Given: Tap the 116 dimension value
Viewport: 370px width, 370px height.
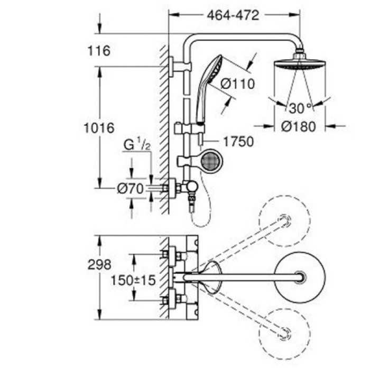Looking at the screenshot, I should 99,51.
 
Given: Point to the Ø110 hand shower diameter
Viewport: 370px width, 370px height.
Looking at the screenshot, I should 237,84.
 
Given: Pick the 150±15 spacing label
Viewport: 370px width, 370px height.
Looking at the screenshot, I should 133,280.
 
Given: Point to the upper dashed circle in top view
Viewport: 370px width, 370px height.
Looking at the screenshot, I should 285,221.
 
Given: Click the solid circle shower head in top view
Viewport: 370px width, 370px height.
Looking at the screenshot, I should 300,276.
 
